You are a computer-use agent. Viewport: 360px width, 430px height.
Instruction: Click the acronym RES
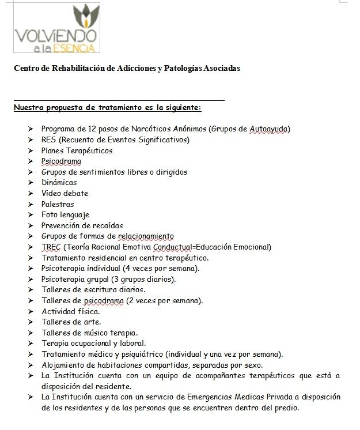(48, 139)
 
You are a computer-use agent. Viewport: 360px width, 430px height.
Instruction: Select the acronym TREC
(51, 247)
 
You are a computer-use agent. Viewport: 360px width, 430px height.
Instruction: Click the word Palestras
(58, 204)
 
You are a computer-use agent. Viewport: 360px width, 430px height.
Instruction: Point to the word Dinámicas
(59, 183)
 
